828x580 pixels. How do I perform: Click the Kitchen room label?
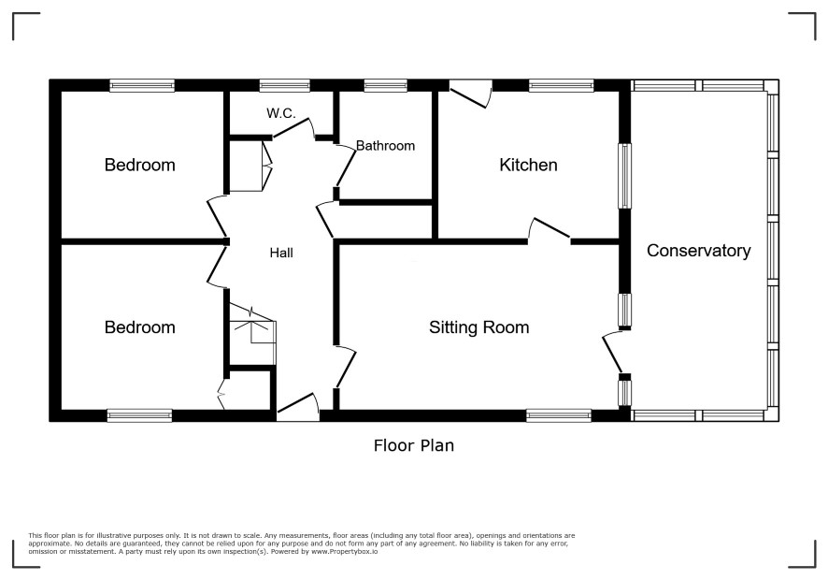(x=528, y=165)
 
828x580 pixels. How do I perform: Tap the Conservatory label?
(x=699, y=251)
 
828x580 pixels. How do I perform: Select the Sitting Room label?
(x=479, y=327)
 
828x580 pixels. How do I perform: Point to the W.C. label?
(x=281, y=113)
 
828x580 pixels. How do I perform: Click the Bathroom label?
(x=385, y=146)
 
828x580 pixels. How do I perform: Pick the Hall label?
(x=281, y=254)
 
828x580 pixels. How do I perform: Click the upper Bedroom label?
(x=140, y=165)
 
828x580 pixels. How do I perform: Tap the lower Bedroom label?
(x=140, y=327)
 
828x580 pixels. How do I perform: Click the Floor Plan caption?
(x=414, y=445)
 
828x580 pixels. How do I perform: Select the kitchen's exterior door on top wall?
(x=470, y=94)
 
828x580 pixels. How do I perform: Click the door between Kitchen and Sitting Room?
(x=550, y=231)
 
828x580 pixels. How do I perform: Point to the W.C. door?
(x=293, y=128)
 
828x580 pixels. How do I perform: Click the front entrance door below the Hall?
(x=298, y=407)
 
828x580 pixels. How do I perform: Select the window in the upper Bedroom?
(x=142, y=86)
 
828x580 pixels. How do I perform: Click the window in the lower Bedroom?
(x=139, y=415)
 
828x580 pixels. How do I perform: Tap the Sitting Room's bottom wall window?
(x=559, y=415)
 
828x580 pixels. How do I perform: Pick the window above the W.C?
(x=285, y=86)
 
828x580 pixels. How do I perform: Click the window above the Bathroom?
(x=385, y=86)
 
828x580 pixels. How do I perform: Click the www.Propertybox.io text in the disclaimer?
(x=344, y=551)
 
